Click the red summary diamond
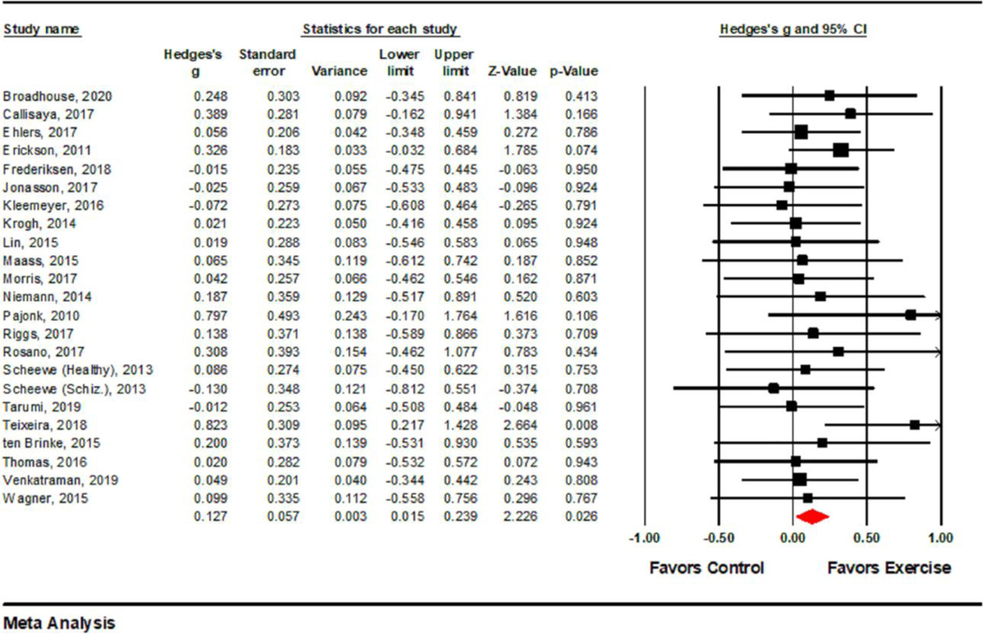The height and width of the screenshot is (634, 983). [812, 515]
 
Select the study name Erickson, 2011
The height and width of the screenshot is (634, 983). [37, 151]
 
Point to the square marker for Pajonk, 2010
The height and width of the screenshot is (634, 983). [911, 315]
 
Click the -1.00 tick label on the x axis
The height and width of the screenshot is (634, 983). [641, 539]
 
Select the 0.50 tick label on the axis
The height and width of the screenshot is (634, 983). [867, 539]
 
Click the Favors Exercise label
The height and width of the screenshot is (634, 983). [889, 568]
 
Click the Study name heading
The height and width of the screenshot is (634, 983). [42, 28]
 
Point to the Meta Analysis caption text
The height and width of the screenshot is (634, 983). [60, 623]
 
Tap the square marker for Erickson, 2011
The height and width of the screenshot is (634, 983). [841, 151]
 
